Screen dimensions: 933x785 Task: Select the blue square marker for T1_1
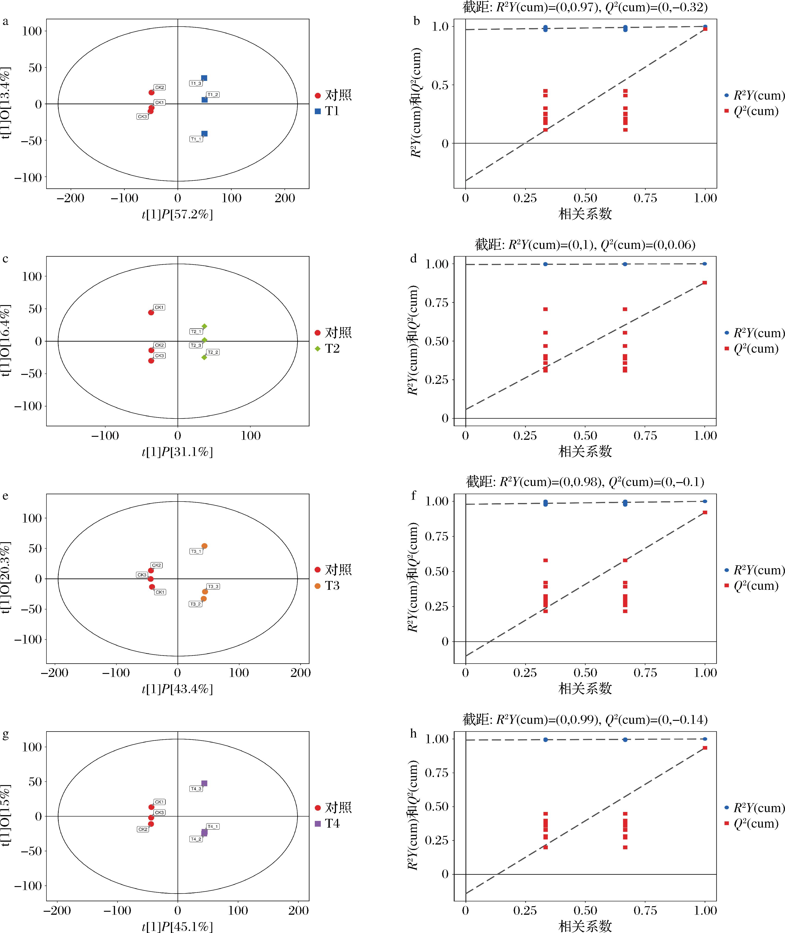204,134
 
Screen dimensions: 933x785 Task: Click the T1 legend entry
327,111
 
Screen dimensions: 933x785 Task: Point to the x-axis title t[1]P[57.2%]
177,215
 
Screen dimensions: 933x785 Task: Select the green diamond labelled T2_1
204,326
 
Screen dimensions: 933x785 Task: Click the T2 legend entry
327,349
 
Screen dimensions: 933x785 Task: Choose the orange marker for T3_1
204,546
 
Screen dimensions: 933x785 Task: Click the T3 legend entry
327,586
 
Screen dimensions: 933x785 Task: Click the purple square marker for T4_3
204,783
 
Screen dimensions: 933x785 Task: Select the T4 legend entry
327,823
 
